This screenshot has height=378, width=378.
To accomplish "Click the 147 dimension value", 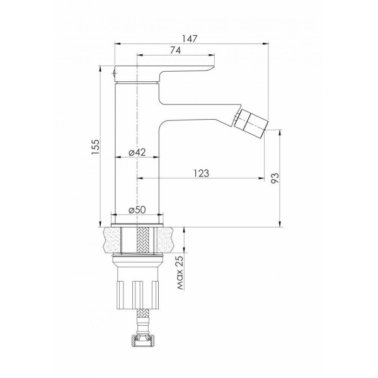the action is [190, 39].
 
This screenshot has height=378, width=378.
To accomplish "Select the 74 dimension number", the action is [176, 50].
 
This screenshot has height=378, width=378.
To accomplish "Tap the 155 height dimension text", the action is [96, 147].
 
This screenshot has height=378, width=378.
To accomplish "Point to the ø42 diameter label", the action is [137, 152].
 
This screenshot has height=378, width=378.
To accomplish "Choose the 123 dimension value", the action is [202, 173].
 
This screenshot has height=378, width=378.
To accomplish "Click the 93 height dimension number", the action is [275, 178].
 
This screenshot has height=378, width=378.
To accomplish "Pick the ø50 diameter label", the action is [137, 210].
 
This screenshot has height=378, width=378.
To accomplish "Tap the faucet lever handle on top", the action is [164, 73].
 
